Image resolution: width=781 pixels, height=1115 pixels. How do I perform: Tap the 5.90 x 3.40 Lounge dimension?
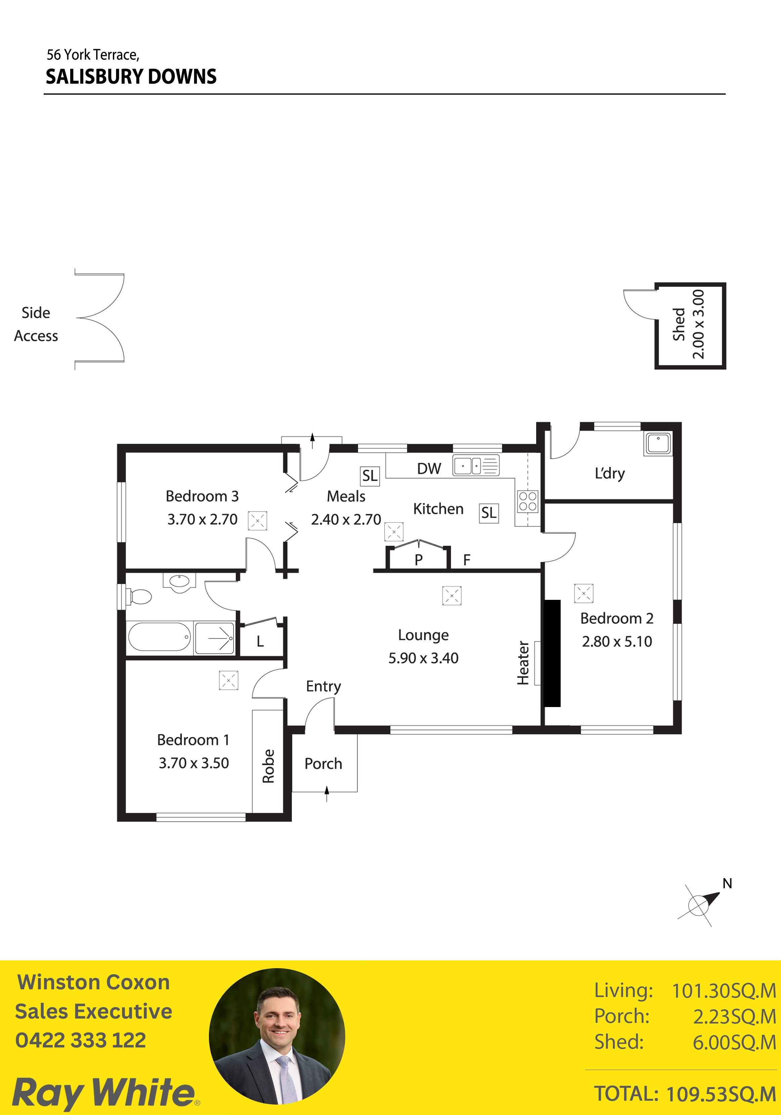pos(423,658)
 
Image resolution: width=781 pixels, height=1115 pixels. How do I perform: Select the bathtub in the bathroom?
pos(159,637)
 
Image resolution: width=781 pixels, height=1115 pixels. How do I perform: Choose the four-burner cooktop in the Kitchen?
pos(528,501)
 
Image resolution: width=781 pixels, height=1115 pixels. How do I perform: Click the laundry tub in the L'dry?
pos(658,443)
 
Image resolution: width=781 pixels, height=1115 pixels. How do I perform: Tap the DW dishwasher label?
pos(429,469)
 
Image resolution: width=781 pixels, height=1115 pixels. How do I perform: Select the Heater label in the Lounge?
pos(523,663)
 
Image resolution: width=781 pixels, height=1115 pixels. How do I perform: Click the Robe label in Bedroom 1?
pos(268,766)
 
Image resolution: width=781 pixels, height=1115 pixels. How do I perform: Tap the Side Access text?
pos(36,324)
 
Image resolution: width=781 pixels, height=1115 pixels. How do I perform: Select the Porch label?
pos(323,764)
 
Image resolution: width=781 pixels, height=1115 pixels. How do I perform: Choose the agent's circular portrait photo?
pos(277,1036)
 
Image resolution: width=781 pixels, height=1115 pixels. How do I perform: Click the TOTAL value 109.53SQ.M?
pos(721,1095)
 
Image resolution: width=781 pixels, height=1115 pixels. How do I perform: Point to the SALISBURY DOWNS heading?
pos(131,77)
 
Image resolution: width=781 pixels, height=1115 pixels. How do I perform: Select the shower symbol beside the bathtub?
pos(214,637)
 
